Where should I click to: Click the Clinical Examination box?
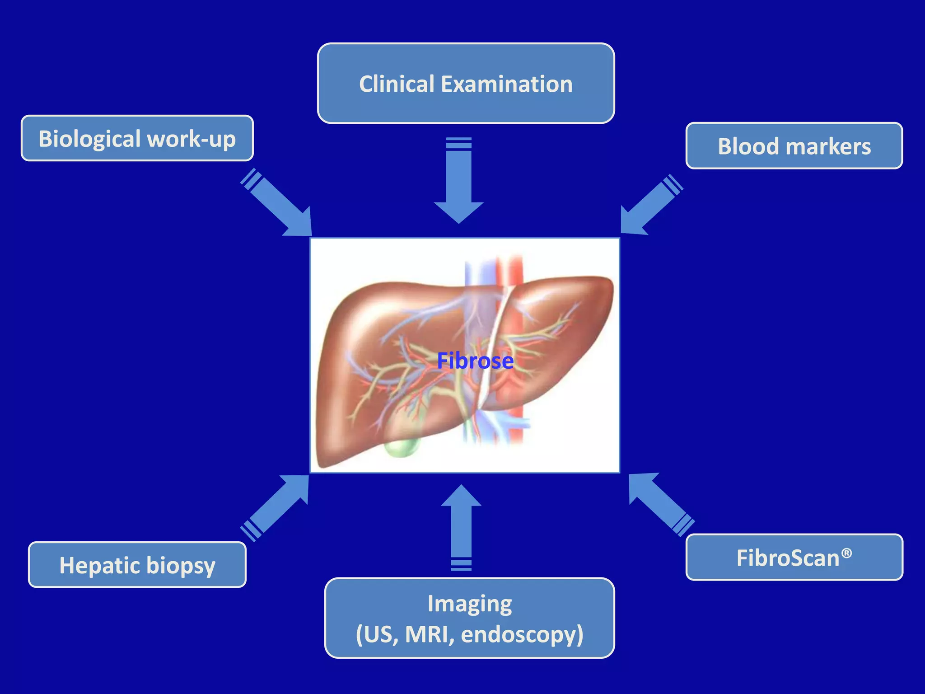466,83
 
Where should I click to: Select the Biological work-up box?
137,138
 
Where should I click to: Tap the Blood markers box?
794,146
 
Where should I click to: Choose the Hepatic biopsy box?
137,565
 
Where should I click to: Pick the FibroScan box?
794,557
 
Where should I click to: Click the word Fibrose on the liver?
475,361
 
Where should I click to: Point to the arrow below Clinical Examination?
459,181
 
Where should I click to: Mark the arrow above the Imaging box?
461,526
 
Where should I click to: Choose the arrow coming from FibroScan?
660,504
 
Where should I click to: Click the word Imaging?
470,603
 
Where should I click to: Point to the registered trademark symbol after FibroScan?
847,553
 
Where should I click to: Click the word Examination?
506,84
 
